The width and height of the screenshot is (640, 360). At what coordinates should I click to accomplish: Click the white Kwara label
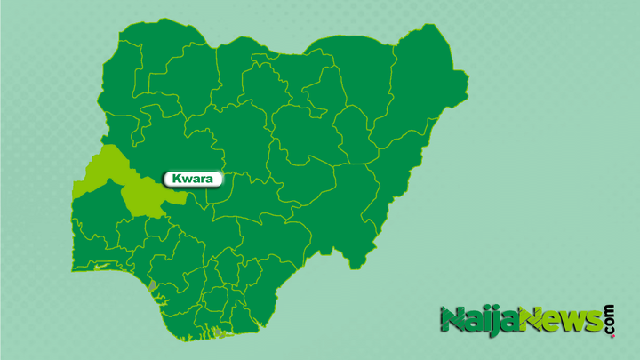click(192, 180)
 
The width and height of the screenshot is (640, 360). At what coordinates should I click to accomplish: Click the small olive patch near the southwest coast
click(152, 286)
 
